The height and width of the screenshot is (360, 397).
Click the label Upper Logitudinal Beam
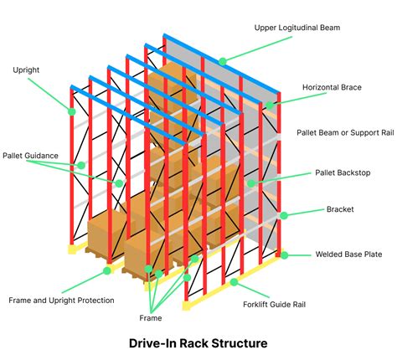[x=310, y=28]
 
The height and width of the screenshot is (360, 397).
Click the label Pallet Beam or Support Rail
[x=344, y=132]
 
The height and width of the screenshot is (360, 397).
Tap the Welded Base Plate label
[x=348, y=255]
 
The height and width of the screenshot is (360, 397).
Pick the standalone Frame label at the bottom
[x=150, y=318]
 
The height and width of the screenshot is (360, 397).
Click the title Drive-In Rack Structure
[x=198, y=343]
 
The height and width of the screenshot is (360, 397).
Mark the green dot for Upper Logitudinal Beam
[x=223, y=60]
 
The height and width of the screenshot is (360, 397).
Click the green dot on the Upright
[x=72, y=111]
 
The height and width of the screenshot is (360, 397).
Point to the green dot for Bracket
[x=283, y=215]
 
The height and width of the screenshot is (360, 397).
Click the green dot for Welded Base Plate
[x=284, y=255]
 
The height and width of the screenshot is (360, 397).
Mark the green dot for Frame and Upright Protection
[x=107, y=270]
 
